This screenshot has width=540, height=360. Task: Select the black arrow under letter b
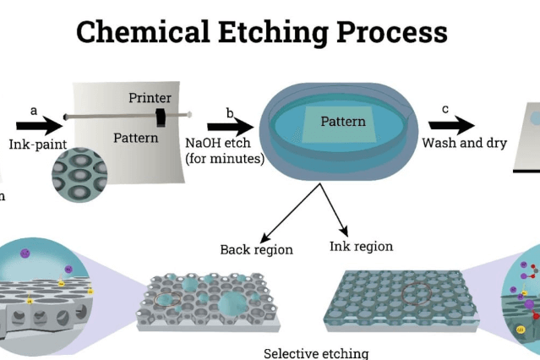coord(230,126)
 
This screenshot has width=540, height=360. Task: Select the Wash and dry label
coord(464,143)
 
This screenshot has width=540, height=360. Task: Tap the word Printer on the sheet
coord(150,98)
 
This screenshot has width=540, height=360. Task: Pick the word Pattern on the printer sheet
coord(136,137)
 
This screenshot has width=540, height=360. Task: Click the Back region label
coord(256,249)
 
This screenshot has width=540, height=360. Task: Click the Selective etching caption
coord(316,352)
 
